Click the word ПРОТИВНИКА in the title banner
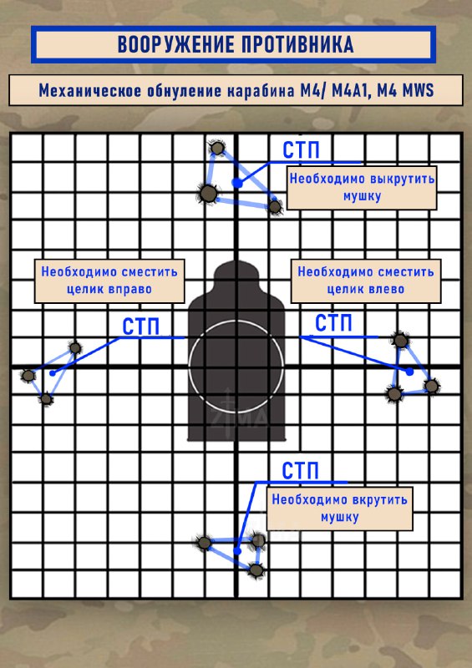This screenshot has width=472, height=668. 297,44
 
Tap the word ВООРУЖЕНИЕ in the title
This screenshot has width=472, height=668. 175,44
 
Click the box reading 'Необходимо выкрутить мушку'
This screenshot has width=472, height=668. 362,187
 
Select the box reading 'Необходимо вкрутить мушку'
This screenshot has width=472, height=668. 340,509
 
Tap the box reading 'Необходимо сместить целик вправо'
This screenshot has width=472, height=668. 109,281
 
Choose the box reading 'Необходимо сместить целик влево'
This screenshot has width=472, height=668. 365,281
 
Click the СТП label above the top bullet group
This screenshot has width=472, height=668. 301,150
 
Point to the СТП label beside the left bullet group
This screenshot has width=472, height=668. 140,326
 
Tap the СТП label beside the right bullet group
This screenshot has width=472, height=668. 333,323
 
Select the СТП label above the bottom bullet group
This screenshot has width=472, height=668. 300,471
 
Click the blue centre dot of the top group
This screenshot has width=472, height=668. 237,183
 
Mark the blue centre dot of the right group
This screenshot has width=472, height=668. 409,372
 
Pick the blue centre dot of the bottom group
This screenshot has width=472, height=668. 237,551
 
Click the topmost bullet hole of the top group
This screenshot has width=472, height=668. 217,149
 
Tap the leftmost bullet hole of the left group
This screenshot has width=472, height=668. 28,375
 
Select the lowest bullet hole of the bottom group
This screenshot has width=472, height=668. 256,570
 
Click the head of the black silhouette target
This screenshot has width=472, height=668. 236,276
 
